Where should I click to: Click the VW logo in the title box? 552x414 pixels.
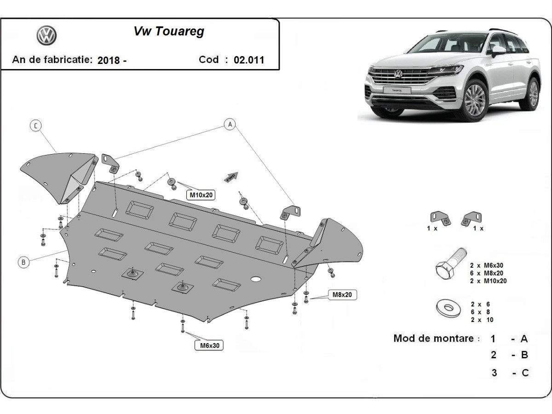[46, 35]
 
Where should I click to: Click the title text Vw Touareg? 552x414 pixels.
[169, 32]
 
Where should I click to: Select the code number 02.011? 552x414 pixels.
[249, 60]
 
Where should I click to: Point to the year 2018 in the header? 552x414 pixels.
[109, 60]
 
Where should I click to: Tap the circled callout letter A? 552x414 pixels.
[230, 123]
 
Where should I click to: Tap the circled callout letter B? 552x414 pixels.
[23, 262]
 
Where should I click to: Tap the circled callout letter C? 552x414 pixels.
[36, 126]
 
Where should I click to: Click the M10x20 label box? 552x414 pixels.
[201, 195]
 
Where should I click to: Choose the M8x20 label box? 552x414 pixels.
[342, 294]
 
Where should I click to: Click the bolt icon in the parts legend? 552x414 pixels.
[451, 265]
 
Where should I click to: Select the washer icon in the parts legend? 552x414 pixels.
[446, 308]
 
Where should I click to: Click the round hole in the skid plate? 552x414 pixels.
[255, 279]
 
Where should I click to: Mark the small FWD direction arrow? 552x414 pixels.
[231, 176]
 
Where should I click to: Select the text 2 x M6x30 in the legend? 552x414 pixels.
[487, 265]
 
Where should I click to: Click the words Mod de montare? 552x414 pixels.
[433, 339]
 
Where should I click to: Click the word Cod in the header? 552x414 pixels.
[209, 59]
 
